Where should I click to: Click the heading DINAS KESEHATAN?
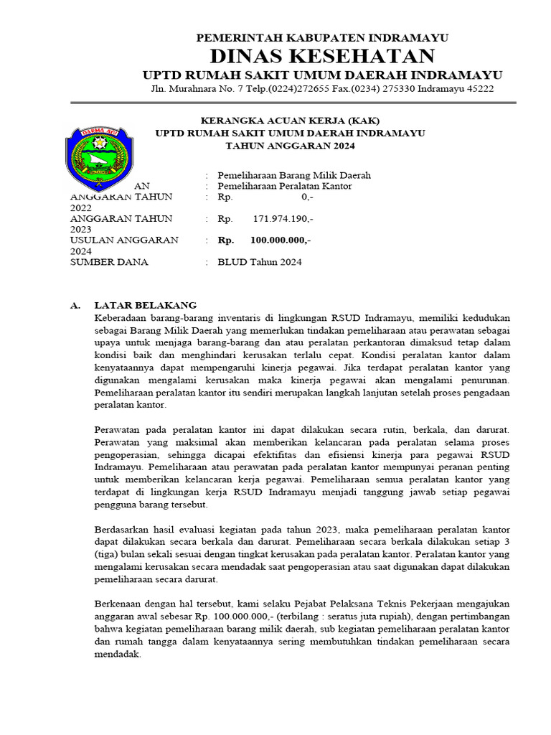click(x=322, y=56)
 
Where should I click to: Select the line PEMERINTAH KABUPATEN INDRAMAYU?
click(x=322, y=38)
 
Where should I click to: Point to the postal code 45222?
click(x=476, y=88)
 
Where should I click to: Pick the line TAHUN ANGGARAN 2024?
click(x=290, y=146)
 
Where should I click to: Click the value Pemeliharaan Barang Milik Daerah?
click(x=294, y=175)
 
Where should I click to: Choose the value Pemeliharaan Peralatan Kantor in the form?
click(x=285, y=186)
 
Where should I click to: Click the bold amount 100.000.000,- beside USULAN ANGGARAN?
click(x=280, y=240)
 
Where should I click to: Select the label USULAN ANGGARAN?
click(x=124, y=240)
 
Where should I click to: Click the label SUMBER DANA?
click(x=109, y=262)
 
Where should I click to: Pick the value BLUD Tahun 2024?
click(x=260, y=262)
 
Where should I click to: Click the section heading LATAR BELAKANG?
click(x=146, y=305)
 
